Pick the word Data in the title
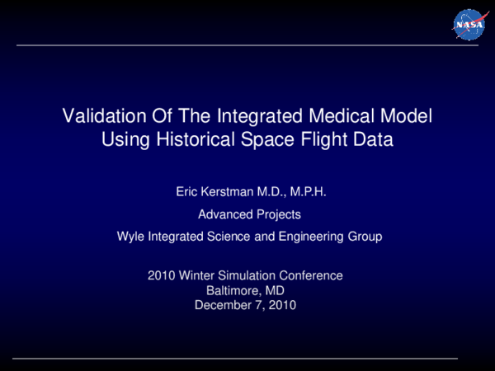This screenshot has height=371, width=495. click(x=375, y=139)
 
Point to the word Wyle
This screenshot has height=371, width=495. click(x=132, y=237)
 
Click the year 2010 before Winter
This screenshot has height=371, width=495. click(x=161, y=275)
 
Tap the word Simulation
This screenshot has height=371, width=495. click(x=246, y=275)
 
